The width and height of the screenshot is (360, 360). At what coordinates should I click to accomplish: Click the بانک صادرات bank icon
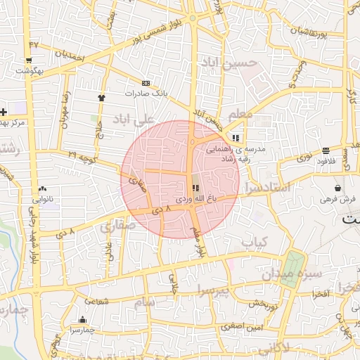click(x=146, y=82)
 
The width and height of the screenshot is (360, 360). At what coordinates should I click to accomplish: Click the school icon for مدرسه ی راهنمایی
click(x=235, y=139)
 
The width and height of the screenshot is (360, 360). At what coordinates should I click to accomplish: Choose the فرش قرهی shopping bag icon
click(x=339, y=188)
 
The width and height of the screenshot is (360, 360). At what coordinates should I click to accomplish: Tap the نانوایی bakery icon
click(x=42, y=188)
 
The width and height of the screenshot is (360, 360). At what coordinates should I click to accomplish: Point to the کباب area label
click(x=256, y=242)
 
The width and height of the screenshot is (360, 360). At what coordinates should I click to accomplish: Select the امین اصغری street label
click(x=240, y=326)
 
